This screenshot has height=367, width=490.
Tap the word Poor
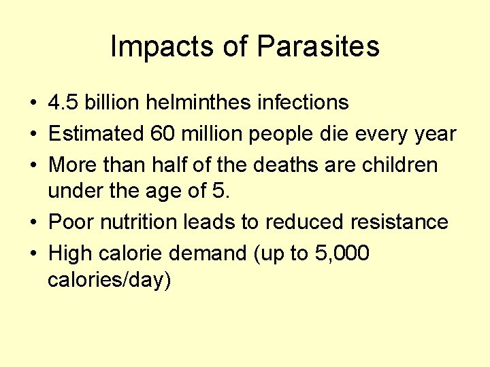[x=71, y=222]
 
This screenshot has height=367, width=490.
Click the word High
[x=71, y=254]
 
